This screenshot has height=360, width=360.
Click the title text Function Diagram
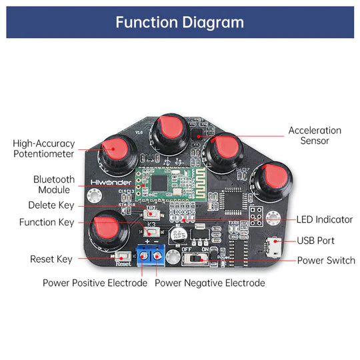pyautogui.click(x=179, y=22)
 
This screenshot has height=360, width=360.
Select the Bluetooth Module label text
pyautogui.click(x=54, y=185)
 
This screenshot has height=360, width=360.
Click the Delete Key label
pyautogui.click(x=51, y=205)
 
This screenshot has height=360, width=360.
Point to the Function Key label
pyautogui.click(x=47, y=223)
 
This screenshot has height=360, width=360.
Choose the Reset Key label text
pyautogui.click(x=51, y=259)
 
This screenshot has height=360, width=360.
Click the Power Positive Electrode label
pyautogui.click(x=95, y=283)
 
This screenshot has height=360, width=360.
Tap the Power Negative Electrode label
pyautogui.click(x=210, y=283)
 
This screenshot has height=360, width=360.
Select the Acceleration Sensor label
pyautogui.click(x=315, y=135)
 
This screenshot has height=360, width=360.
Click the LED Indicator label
pyautogui.click(x=324, y=219)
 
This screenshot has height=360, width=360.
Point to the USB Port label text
pyautogui.click(x=316, y=241)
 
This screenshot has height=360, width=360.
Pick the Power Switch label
pyautogui.click(x=326, y=260)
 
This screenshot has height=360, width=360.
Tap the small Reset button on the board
pyautogui.click(x=121, y=256)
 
